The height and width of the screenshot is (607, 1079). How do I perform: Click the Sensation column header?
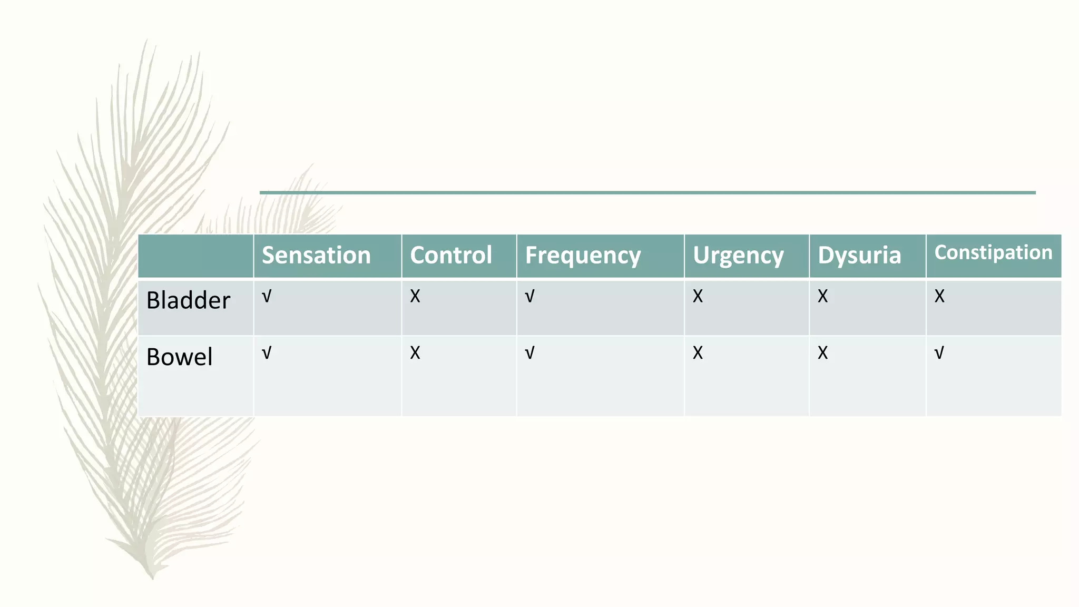click(316, 256)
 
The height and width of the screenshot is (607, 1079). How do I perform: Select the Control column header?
click(451, 256)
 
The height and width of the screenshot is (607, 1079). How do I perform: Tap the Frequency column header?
click(583, 256)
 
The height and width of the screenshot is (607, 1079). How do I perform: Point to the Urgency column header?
click(738, 256)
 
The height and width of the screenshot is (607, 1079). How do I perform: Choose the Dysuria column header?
click(859, 256)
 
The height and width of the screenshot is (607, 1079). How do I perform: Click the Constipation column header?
click(993, 252)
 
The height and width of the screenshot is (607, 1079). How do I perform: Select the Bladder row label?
click(188, 300)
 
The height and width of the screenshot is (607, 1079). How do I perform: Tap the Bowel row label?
click(179, 357)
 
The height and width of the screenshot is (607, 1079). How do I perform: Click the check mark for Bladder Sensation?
click(267, 297)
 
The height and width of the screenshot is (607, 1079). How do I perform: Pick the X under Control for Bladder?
click(415, 297)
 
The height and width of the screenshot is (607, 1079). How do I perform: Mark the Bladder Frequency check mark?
click(529, 297)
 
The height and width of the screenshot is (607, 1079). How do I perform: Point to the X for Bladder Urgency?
click(698, 297)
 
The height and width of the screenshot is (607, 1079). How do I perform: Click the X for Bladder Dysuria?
click(822, 297)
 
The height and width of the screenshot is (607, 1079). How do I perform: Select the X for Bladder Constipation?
click(939, 297)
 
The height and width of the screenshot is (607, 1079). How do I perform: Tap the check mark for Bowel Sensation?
click(267, 353)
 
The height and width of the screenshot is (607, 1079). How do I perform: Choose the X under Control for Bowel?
click(415, 353)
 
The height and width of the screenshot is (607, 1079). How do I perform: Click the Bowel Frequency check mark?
click(529, 353)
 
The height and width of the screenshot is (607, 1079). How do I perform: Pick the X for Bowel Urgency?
click(698, 353)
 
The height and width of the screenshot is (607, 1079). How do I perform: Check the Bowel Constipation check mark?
click(939, 353)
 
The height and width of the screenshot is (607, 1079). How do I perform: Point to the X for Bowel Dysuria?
click(822, 353)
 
